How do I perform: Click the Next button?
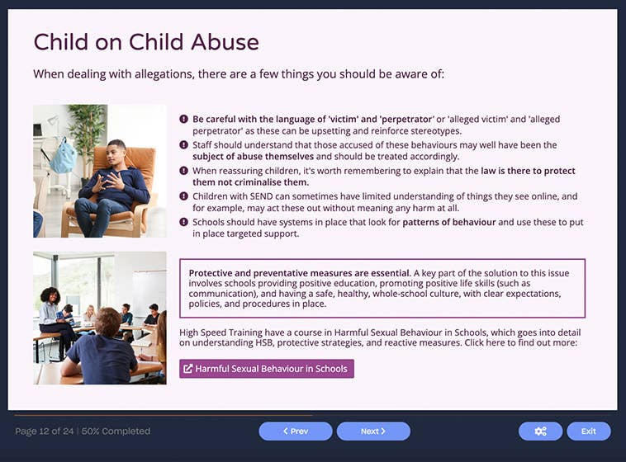(373, 431)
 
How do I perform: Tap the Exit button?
(588, 431)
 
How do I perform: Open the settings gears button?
(540, 431)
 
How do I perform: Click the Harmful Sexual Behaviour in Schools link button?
(266, 369)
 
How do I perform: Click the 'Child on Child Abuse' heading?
(145, 43)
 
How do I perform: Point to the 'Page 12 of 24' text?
(45, 431)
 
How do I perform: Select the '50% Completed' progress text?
(117, 431)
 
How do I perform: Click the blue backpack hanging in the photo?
(63, 156)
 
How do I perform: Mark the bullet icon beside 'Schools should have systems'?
(184, 223)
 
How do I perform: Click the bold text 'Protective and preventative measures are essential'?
(298, 273)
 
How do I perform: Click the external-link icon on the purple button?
(187, 369)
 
